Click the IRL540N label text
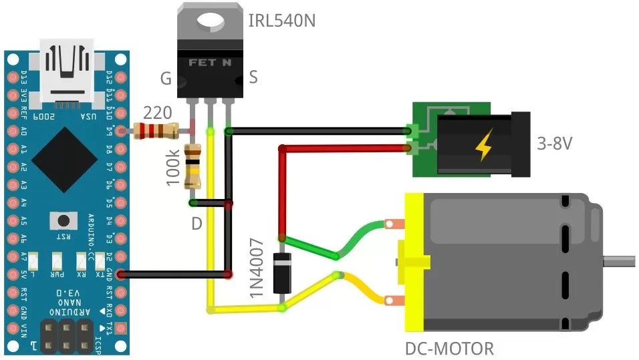[x=281, y=21]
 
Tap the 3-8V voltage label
[x=555, y=144]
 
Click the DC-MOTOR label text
[x=449, y=349]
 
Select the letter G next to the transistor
[x=166, y=79]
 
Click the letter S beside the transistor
[x=253, y=77]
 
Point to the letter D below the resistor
[x=197, y=224]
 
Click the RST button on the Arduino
[x=64, y=221]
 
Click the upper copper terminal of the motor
[x=393, y=225]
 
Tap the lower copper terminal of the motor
[x=393, y=301]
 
